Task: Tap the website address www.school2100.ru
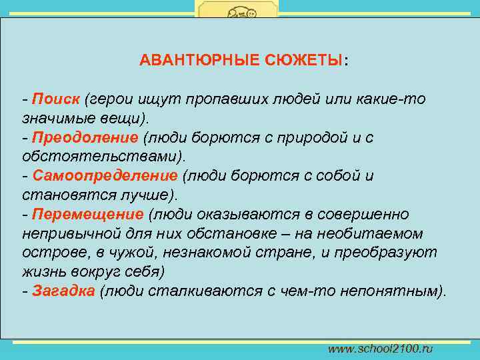pyautogui.click(x=380, y=349)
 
